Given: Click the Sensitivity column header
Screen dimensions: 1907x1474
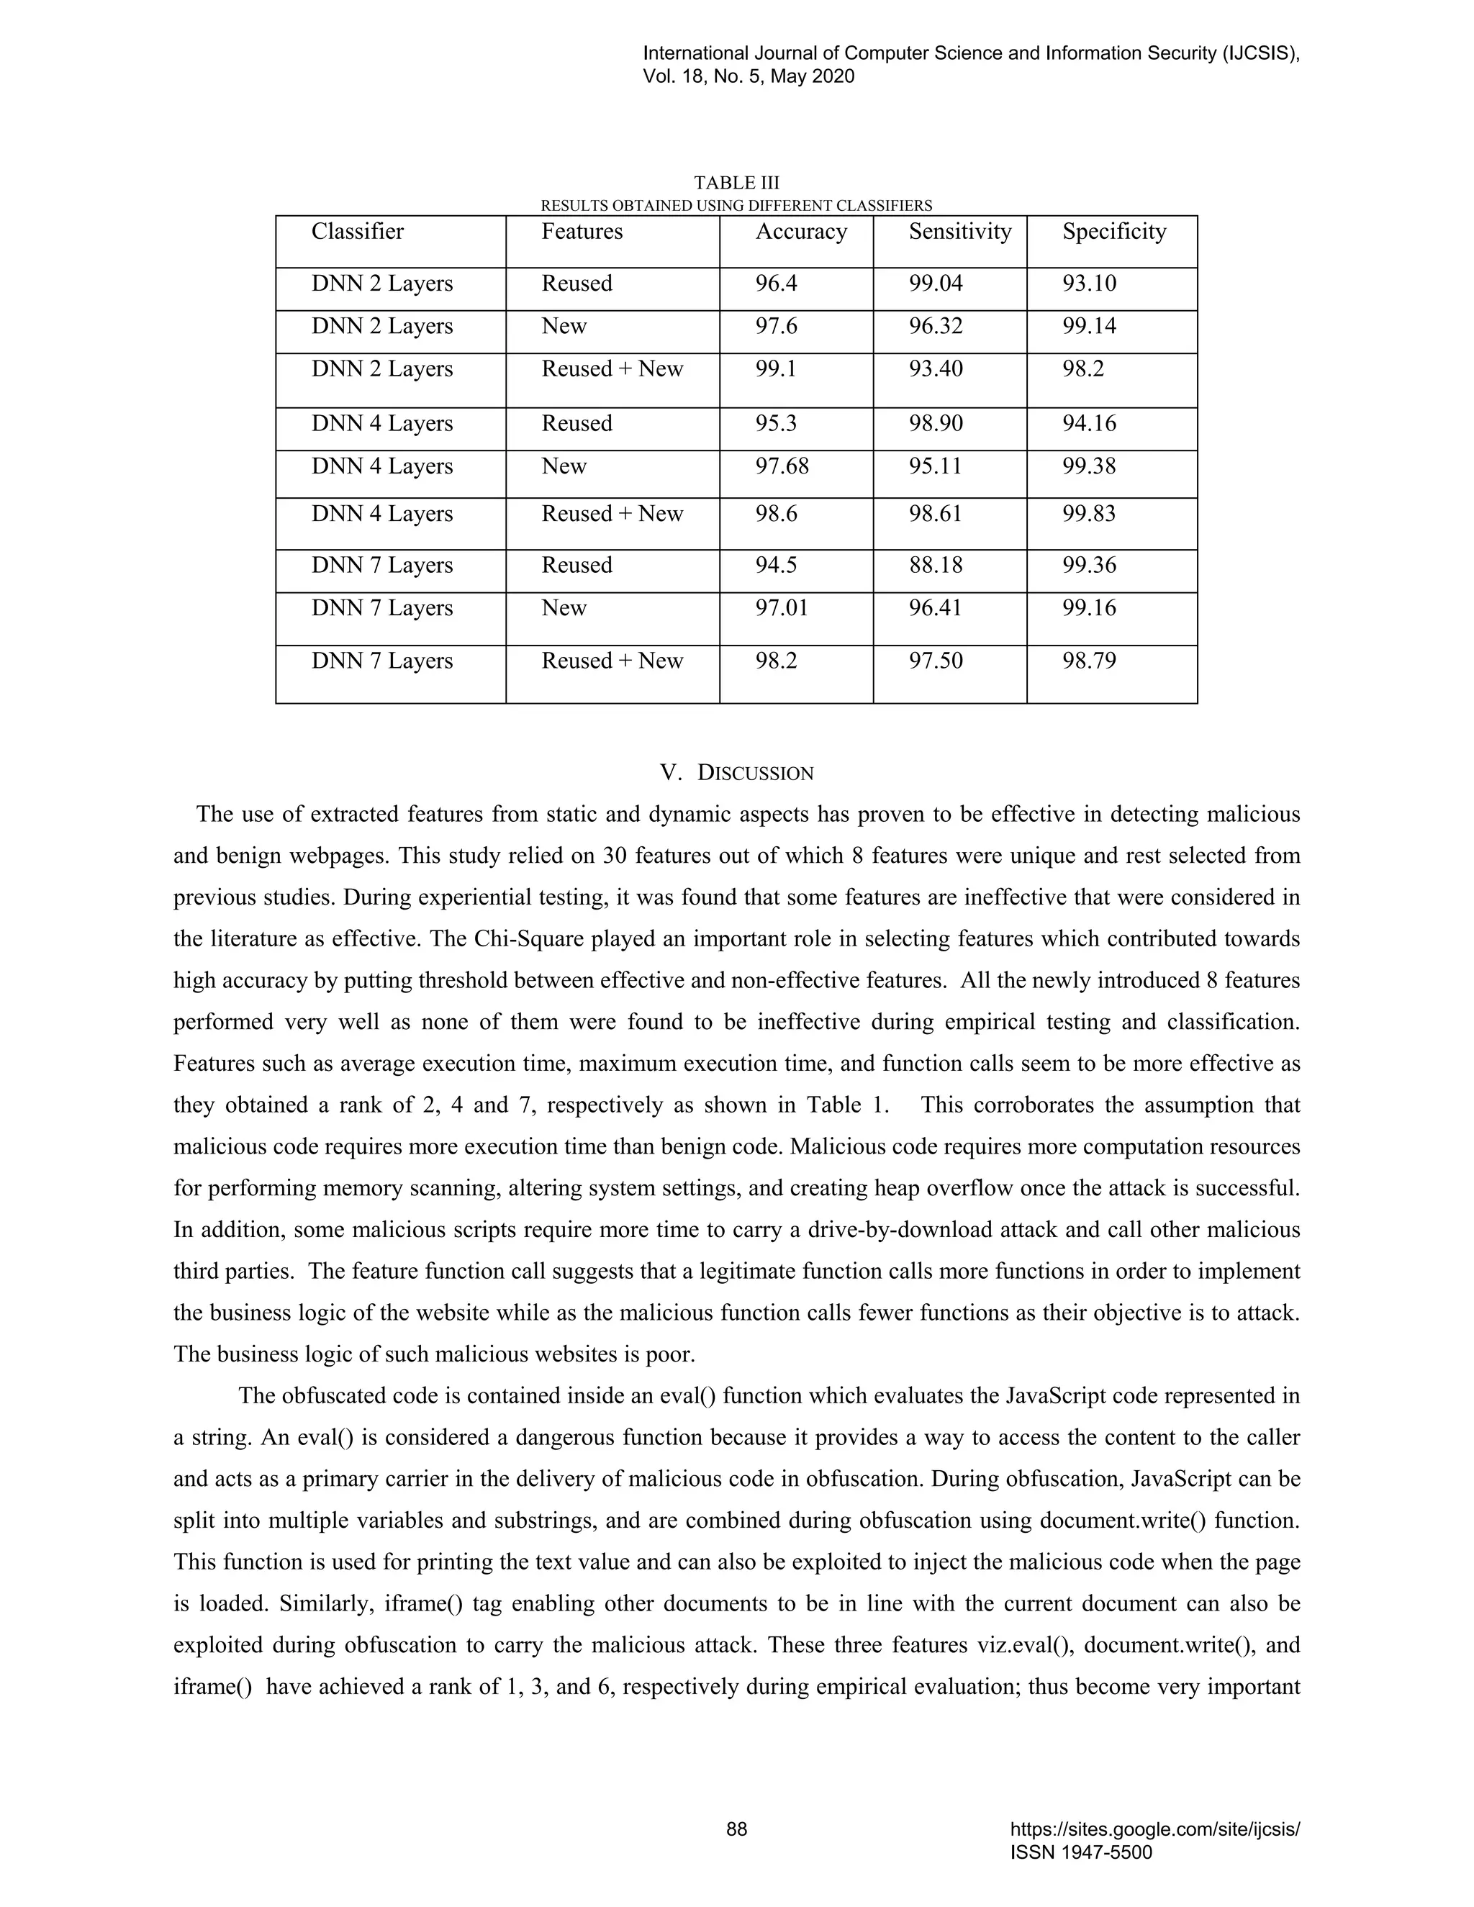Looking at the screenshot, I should (x=959, y=232).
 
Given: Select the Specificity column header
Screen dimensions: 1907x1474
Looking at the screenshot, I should (x=1114, y=232).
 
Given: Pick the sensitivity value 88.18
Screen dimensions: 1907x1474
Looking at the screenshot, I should (x=935, y=565).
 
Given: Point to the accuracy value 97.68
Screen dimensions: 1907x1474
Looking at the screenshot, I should (x=782, y=466).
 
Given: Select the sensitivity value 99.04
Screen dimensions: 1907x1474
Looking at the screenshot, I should (x=935, y=283).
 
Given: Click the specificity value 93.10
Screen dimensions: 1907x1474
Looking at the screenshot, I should (x=1089, y=283).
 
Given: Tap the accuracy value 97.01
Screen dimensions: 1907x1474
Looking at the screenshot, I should (x=782, y=608).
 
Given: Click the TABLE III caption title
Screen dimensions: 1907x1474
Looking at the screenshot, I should (x=736, y=183).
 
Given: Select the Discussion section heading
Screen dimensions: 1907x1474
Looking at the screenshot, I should (x=736, y=773).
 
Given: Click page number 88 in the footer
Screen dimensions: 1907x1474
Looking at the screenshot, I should (x=736, y=1829).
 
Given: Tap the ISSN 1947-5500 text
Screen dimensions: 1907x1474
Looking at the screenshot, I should (x=1080, y=1852).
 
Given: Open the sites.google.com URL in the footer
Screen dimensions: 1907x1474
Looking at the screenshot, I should (x=1154, y=1829).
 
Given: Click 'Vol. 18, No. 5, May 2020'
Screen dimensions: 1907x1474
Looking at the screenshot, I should (x=749, y=77).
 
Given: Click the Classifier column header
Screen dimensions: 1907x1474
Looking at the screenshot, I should (x=357, y=232).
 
